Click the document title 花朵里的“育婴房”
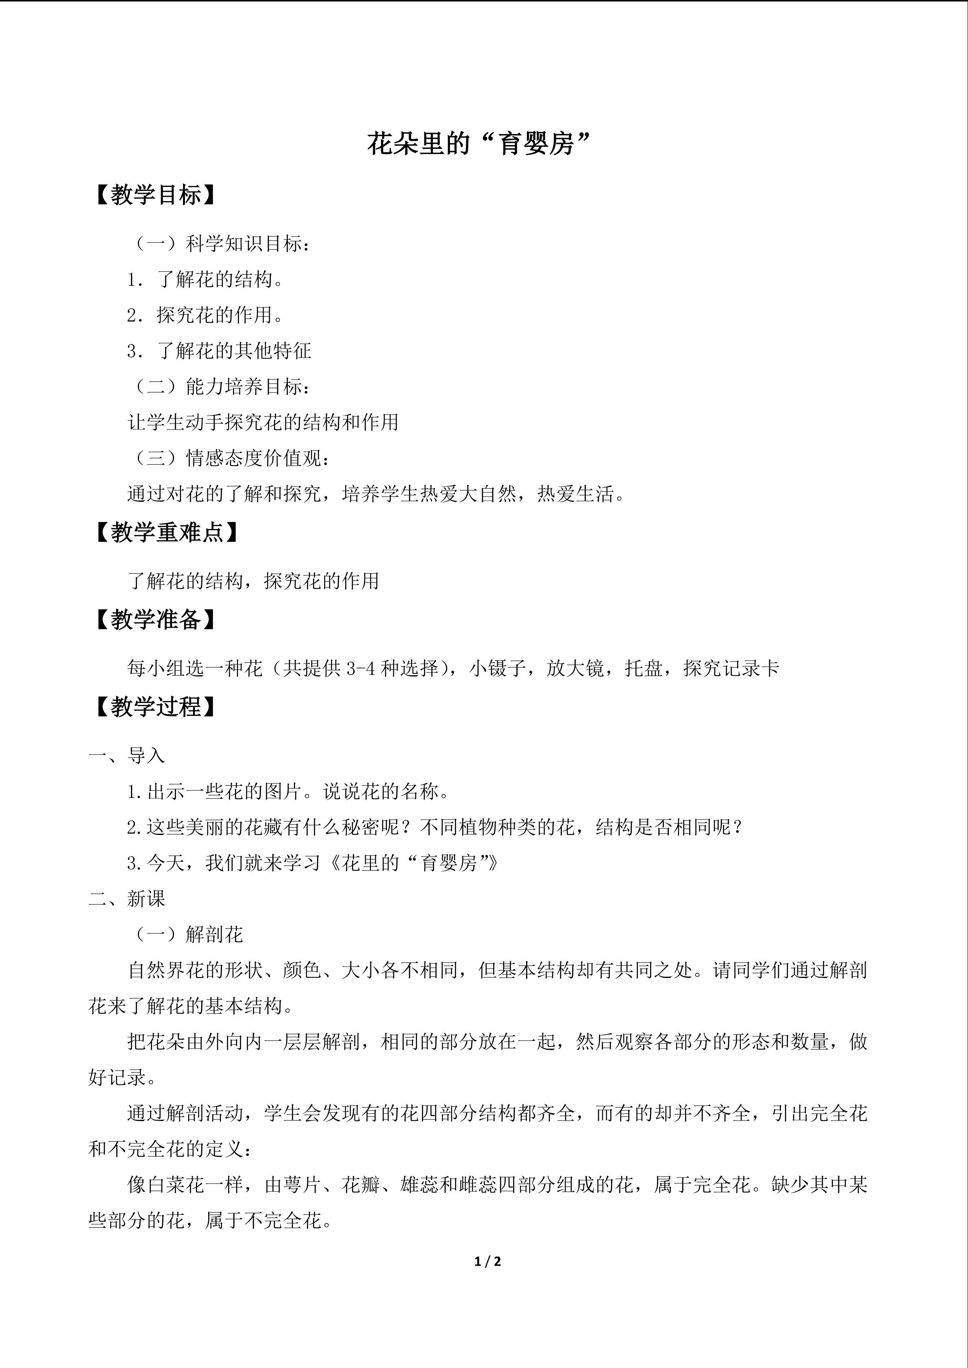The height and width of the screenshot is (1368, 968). [x=478, y=144]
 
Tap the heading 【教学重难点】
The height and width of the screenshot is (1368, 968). [x=167, y=532]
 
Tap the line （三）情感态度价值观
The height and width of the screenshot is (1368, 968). [x=229, y=458]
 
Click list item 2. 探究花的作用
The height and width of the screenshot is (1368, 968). [x=206, y=315]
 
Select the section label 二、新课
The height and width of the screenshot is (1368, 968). [x=126, y=899]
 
